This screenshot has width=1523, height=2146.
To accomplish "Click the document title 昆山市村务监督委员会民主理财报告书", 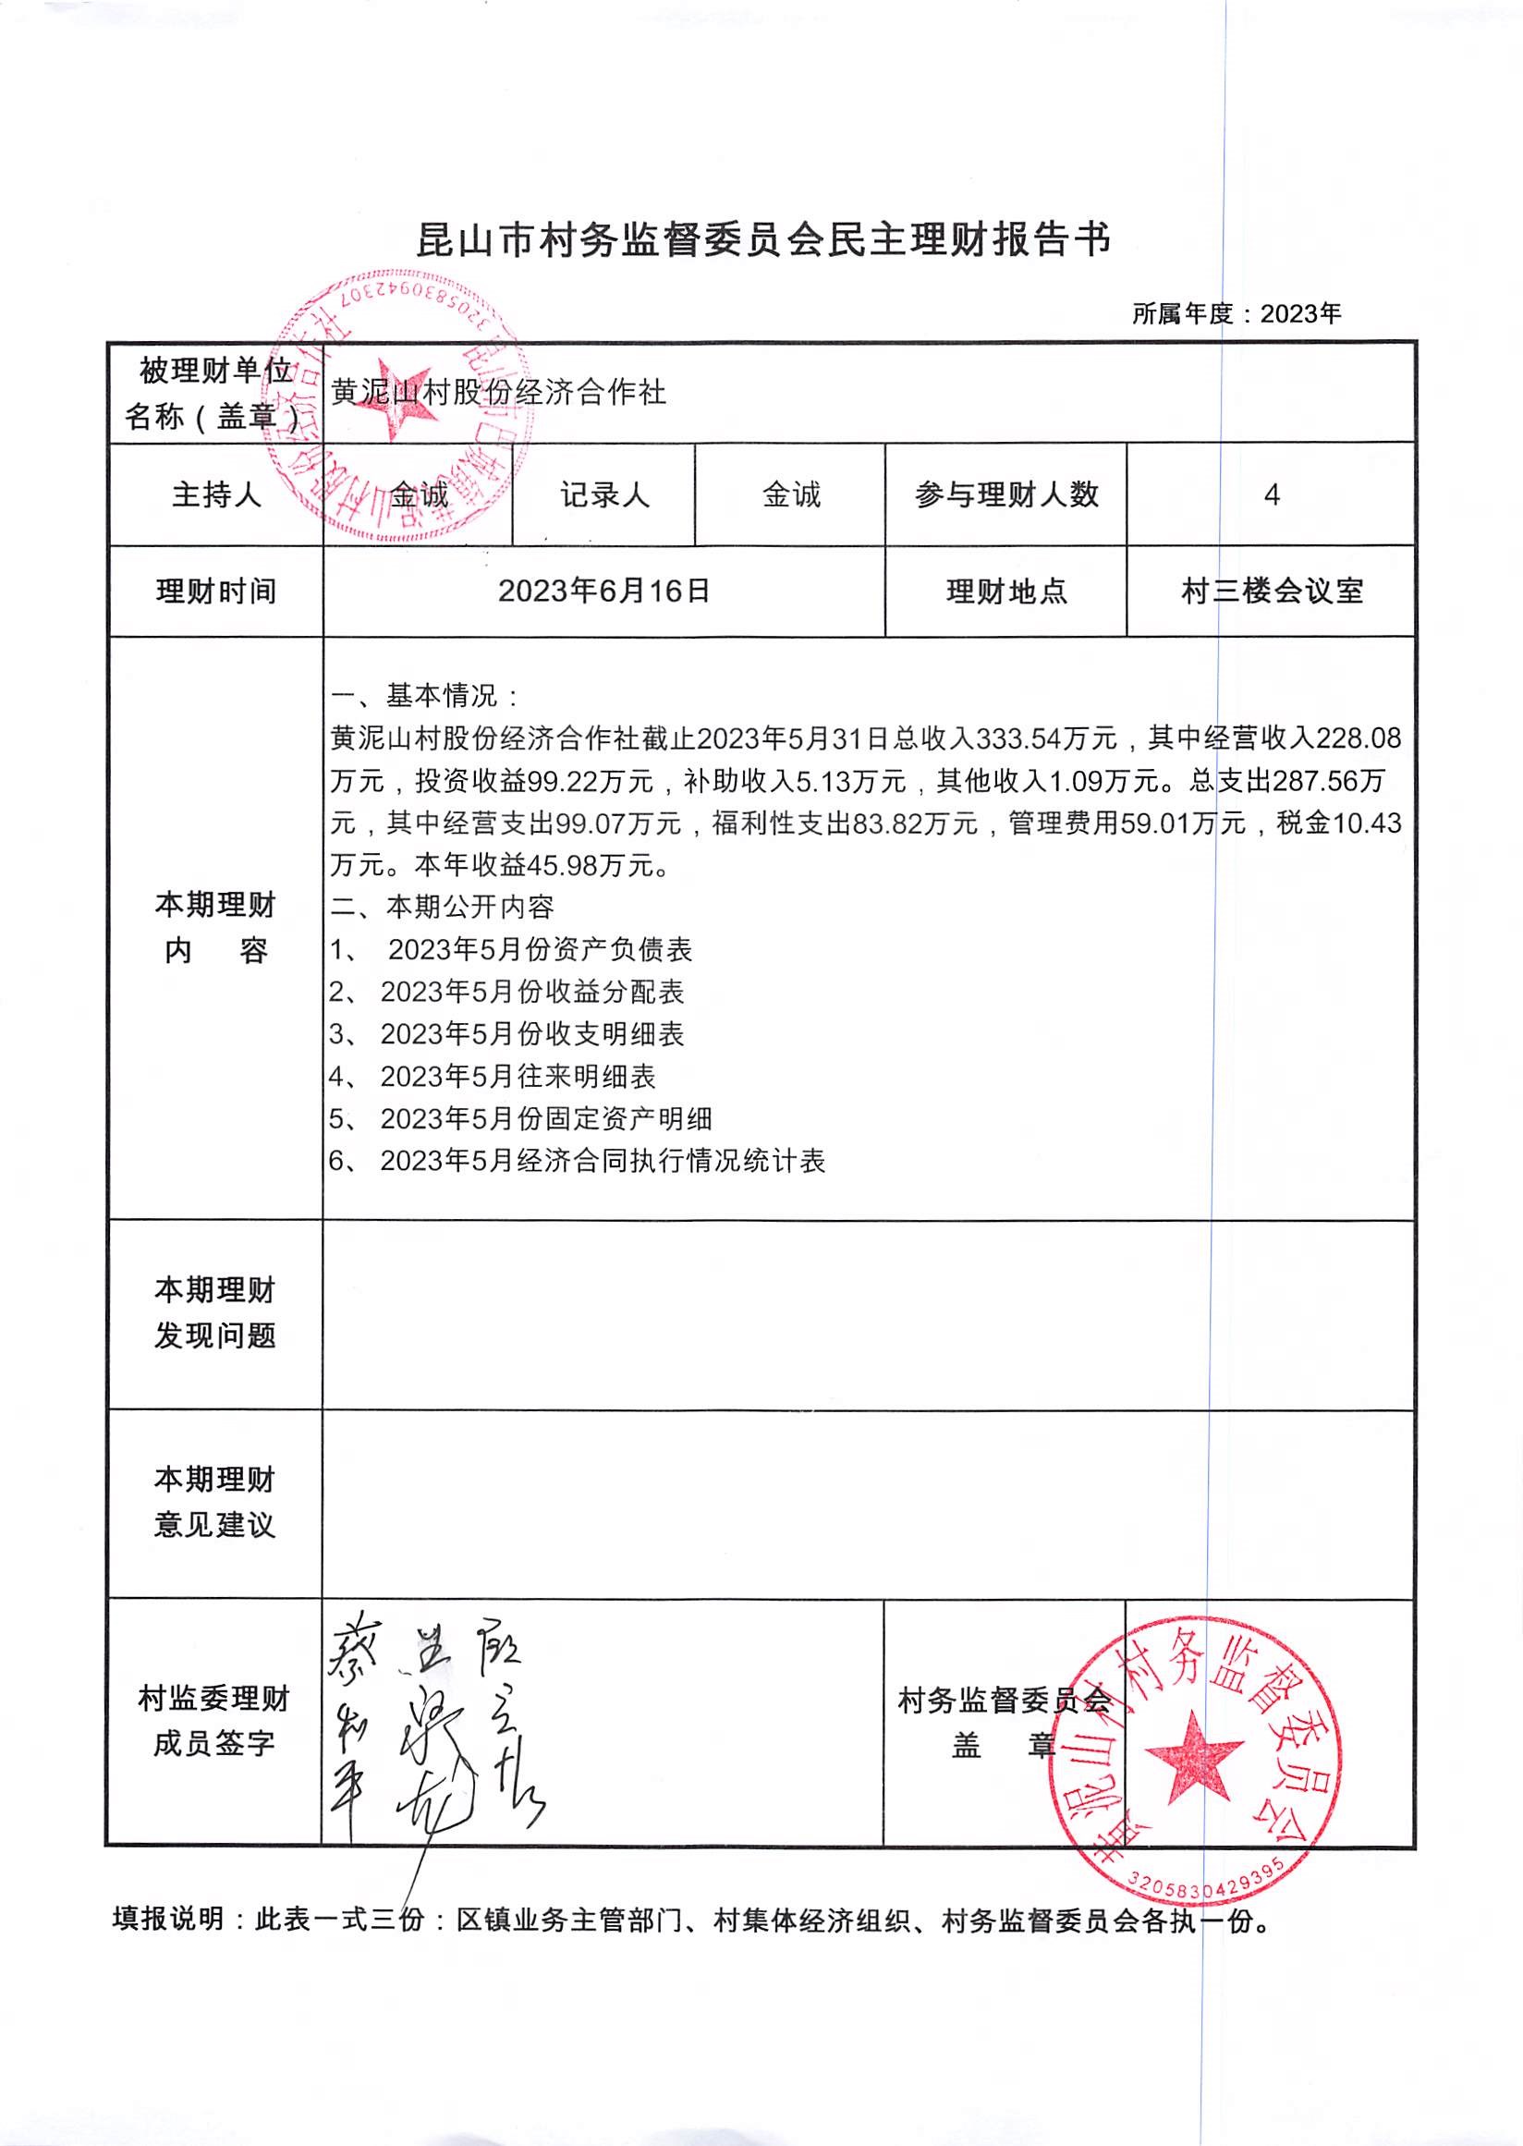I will point(762,241).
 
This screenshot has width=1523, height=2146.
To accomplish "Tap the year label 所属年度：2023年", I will point(1236,313).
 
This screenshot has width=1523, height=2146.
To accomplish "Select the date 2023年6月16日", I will point(604,591).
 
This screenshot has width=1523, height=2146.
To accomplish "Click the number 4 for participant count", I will point(1271,494).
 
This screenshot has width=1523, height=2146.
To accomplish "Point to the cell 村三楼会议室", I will point(1271,591).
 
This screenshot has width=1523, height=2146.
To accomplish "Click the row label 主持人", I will point(214,494).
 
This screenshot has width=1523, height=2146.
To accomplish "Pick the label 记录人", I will point(604,494).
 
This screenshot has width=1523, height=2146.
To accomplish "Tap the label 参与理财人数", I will point(1005,494).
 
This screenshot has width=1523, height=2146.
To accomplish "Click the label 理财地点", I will point(1005,591).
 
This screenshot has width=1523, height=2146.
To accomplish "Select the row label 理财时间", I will point(214,591).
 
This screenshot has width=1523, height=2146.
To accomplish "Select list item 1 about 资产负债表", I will point(511,949).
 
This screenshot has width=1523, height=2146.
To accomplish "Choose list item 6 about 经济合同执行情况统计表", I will point(577,1161).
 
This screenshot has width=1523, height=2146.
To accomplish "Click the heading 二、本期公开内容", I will point(442,907).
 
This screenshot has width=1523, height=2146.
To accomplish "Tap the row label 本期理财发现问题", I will point(214,1313).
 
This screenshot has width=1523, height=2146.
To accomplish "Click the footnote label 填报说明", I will point(169,1919).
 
